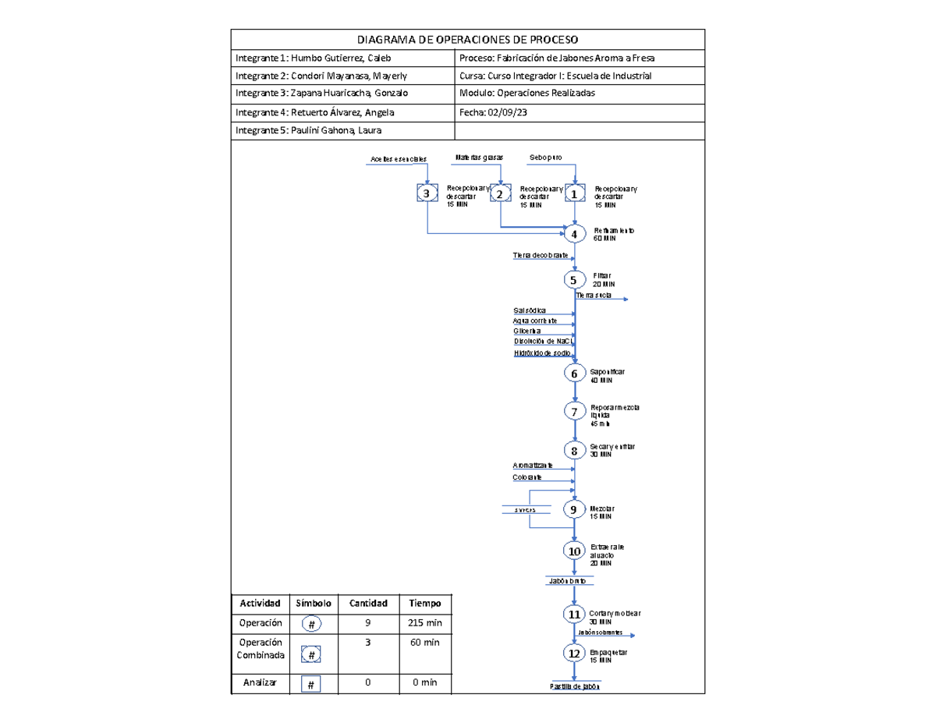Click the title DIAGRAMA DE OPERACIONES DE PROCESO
pyautogui.click(x=468, y=40)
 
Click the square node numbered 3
pyautogui.click(x=426, y=193)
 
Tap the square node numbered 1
pyautogui.click(x=575, y=193)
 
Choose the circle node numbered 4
pyautogui.click(x=575, y=233)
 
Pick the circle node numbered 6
pyautogui.click(x=575, y=374)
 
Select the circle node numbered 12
pyautogui.click(x=575, y=654)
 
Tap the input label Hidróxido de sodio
pyautogui.click(x=542, y=353)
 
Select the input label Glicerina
pyautogui.click(x=527, y=331)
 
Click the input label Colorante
pyautogui.click(x=528, y=477)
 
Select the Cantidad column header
pyautogui.click(x=368, y=603)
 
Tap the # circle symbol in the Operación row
pyautogui.click(x=310, y=626)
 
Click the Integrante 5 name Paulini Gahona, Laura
pyautogui.click(x=310, y=130)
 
